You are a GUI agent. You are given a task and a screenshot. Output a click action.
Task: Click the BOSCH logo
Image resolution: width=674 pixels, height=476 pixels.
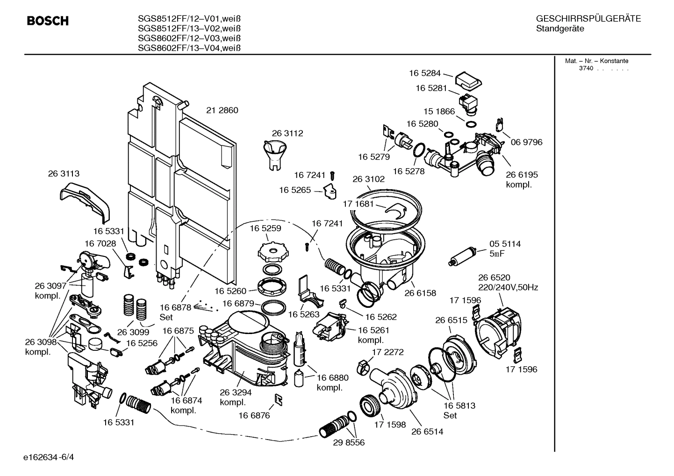48,21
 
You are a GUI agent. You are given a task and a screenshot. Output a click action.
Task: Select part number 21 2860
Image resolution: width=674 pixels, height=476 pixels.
222,110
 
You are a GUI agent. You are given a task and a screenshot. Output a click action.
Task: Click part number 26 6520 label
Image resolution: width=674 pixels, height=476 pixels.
494,277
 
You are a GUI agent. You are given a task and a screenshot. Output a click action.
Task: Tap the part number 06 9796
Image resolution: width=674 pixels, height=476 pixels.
527,142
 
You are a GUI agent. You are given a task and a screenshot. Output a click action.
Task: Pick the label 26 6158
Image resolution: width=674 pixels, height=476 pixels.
420,293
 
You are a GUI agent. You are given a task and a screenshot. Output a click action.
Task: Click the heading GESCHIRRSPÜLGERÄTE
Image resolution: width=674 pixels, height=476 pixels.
588,19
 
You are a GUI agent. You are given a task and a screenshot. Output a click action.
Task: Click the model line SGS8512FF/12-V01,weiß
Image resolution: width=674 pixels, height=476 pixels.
189,19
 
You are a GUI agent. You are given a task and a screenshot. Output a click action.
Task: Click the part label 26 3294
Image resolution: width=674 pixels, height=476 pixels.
236,392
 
